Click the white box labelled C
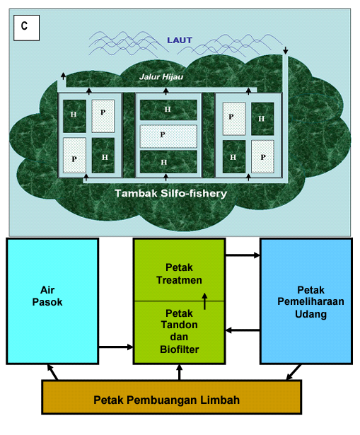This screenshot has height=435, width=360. [x=27, y=28]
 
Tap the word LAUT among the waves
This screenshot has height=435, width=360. [x=180, y=40]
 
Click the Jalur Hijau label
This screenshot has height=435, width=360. [x=161, y=76]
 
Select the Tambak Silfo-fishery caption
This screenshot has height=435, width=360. [x=171, y=193]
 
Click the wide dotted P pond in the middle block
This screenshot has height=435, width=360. [x=168, y=137]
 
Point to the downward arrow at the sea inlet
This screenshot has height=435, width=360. [x=286, y=50]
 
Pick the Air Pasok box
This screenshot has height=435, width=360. [x=52, y=301]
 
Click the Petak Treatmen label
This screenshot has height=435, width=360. [x=179, y=274]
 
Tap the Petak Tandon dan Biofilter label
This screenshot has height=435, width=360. [x=179, y=331]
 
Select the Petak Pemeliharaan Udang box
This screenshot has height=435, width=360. [x=306, y=301]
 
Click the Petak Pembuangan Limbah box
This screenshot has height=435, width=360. [x=171, y=397]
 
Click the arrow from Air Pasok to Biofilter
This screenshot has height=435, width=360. [x=116, y=347]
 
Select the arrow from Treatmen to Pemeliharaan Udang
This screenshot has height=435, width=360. [x=243, y=255]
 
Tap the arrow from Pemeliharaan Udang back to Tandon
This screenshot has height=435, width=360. [x=243, y=330]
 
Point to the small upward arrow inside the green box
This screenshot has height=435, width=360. [x=204, y=301]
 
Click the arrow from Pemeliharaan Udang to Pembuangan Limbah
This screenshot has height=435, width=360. [x=294, y=372]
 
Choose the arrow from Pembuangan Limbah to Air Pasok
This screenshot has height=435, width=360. [x=52, y=372]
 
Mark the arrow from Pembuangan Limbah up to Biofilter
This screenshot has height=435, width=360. [x=179, y=372]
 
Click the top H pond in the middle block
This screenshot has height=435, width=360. [x=168, y=110]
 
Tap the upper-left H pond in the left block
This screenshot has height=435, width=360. [x=74, y=116]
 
